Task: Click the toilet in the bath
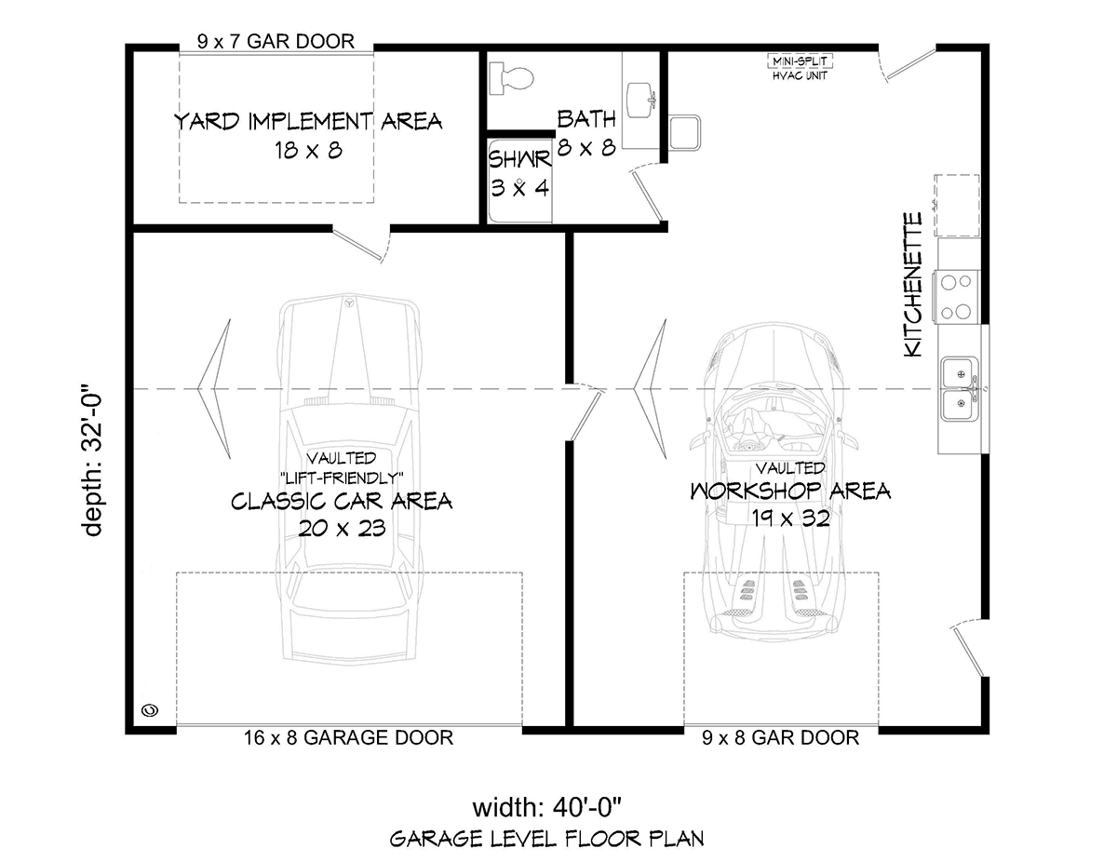click(510, 78)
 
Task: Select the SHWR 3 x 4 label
click(519, 174)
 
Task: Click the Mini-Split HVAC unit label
click(800, 68)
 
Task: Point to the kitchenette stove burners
click(958, 297)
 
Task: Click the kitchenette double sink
click(961, 389)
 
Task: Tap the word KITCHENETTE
click(913, 285)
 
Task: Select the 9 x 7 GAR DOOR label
click(276, 41)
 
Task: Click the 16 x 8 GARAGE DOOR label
click(348, 737)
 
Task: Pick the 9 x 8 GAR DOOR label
click(780, 737)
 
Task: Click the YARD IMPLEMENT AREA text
click(308, 122)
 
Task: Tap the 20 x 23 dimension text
click(342, 528)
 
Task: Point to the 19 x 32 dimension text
click(790, 519)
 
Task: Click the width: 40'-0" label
click(547, 807)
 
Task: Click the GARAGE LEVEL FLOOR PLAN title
click(547, 840)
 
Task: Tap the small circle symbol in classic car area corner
click(150, 710)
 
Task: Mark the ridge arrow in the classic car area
click(214, 388)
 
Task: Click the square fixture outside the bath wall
click(684, 132)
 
